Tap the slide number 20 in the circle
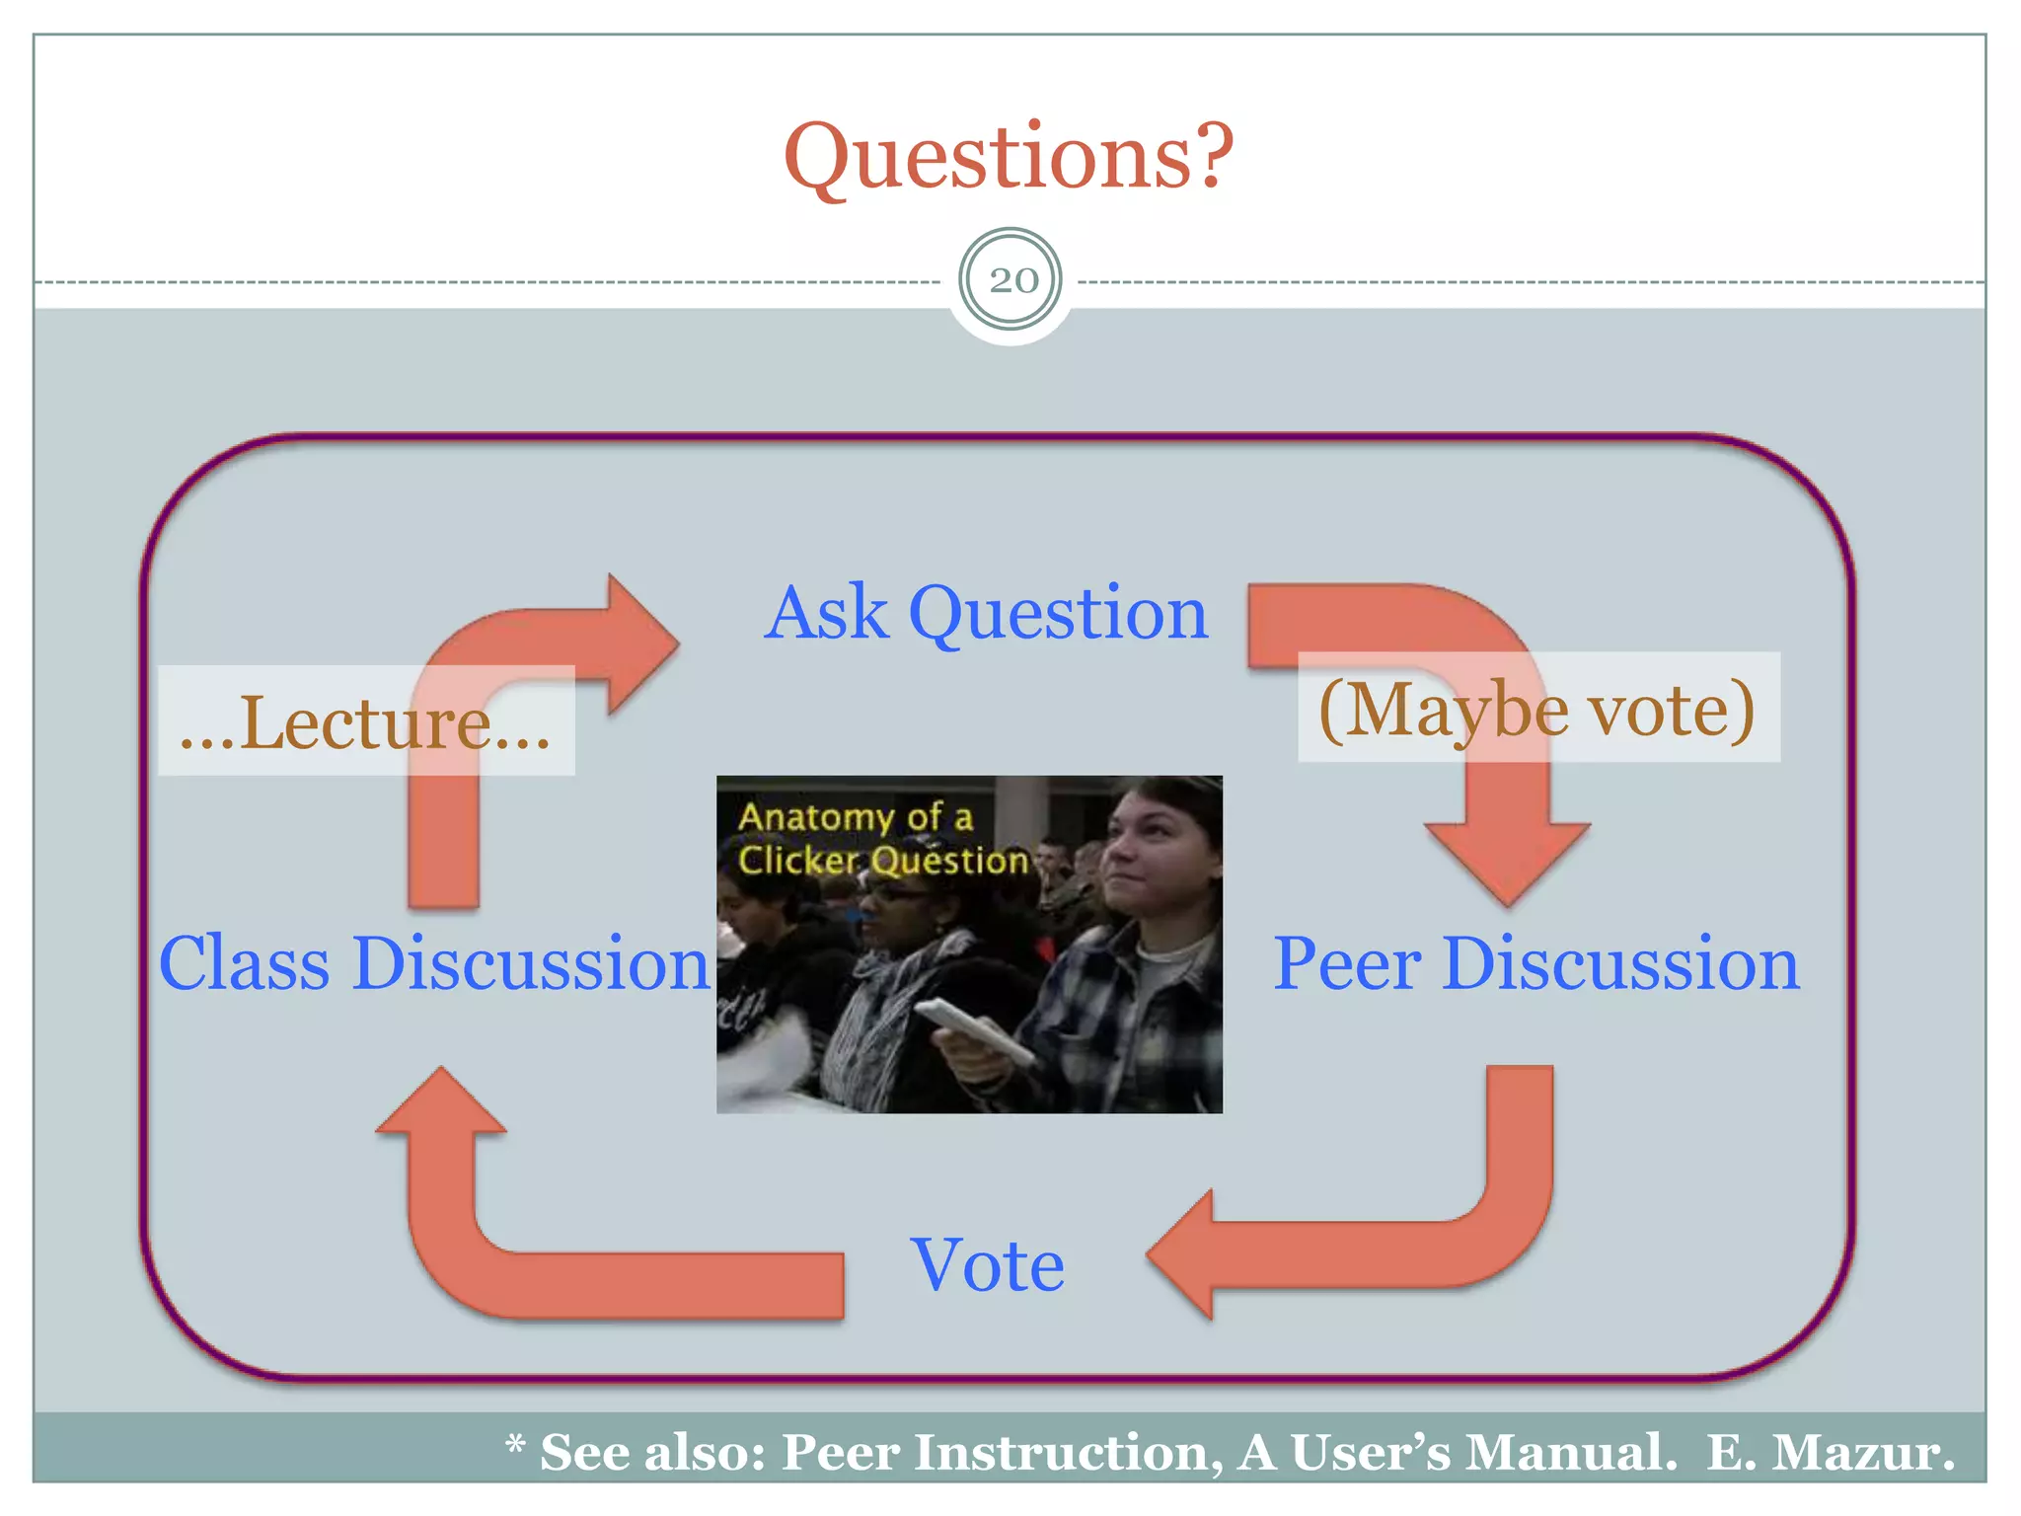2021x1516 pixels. tap(1012, 280)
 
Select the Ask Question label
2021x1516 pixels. tap(986, 613)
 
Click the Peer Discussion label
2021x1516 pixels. tap(1535, 963)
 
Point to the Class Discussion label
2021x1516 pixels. tap(434, 963)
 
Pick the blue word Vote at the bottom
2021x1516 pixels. tap(987, 1265)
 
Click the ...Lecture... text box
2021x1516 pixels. tap(365, 721)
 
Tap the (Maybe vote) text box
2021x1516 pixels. tap(1537, 709)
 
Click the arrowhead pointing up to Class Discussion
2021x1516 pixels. tap(441, 1103)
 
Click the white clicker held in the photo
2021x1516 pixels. tap(972, 1026)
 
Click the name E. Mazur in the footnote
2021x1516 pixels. tap(1831, 1453)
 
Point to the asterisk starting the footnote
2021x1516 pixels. tap(514, 1447)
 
